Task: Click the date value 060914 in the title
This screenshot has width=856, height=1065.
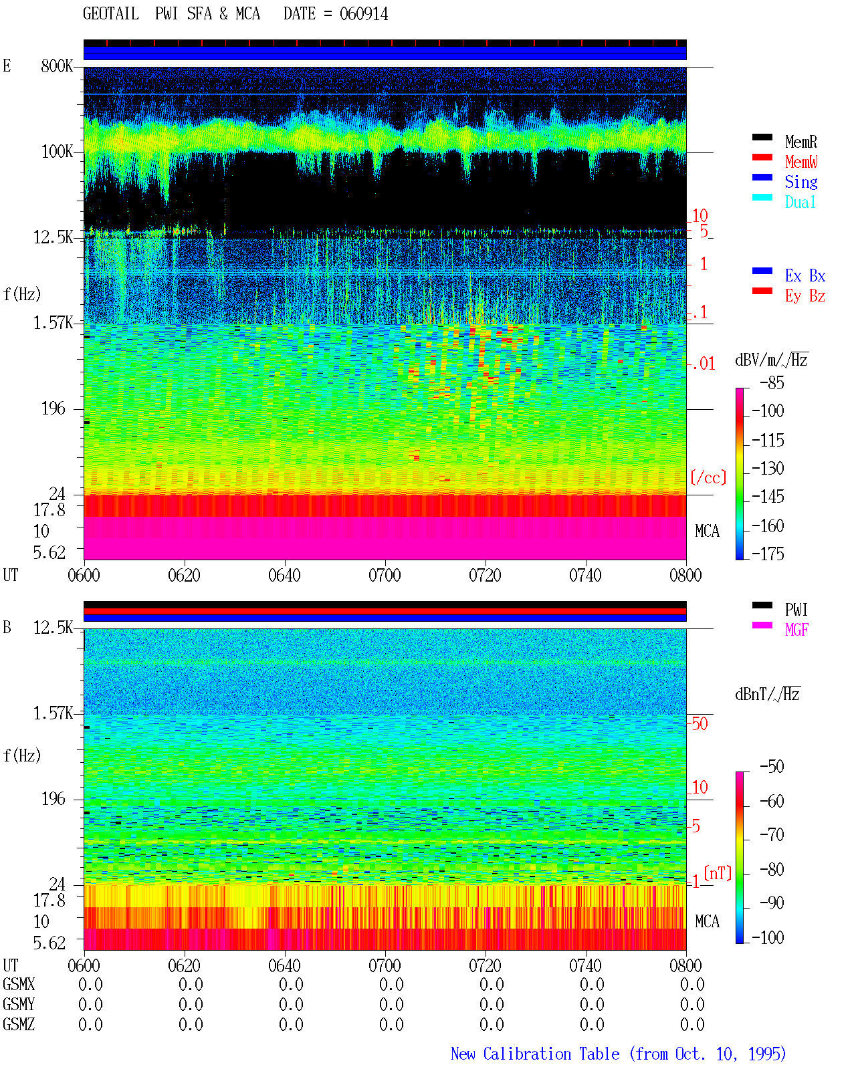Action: coord(363,14)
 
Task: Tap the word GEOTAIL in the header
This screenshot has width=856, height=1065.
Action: coord(111,14)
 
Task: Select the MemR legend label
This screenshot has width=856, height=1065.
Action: coord(801,142)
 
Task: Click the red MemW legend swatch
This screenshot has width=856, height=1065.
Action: coord(762,157)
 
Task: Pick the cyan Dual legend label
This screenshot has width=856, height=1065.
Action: coord(800,202)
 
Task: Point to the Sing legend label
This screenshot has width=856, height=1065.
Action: coord(801,182)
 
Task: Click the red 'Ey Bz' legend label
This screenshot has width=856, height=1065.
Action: coord(805,296)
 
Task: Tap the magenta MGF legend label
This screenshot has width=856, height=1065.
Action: coord(796,630)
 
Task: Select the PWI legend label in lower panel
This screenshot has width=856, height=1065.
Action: coord(796,610)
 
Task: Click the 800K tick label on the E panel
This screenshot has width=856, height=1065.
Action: coord(57,66)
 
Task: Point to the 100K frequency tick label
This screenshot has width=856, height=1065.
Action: coord(57,152)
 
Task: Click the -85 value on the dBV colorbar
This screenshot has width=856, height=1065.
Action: coord(772,382)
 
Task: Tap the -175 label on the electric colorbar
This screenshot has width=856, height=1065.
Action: coord(768,554)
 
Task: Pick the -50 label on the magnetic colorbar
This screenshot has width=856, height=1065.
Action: coord(772,767)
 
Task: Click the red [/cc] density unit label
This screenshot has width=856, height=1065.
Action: coord(708,477)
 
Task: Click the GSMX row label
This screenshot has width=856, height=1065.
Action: coord(19,984)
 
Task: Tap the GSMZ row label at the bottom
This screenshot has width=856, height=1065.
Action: coord(19,1024)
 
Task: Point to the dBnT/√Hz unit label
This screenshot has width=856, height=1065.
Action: coord(767,695)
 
